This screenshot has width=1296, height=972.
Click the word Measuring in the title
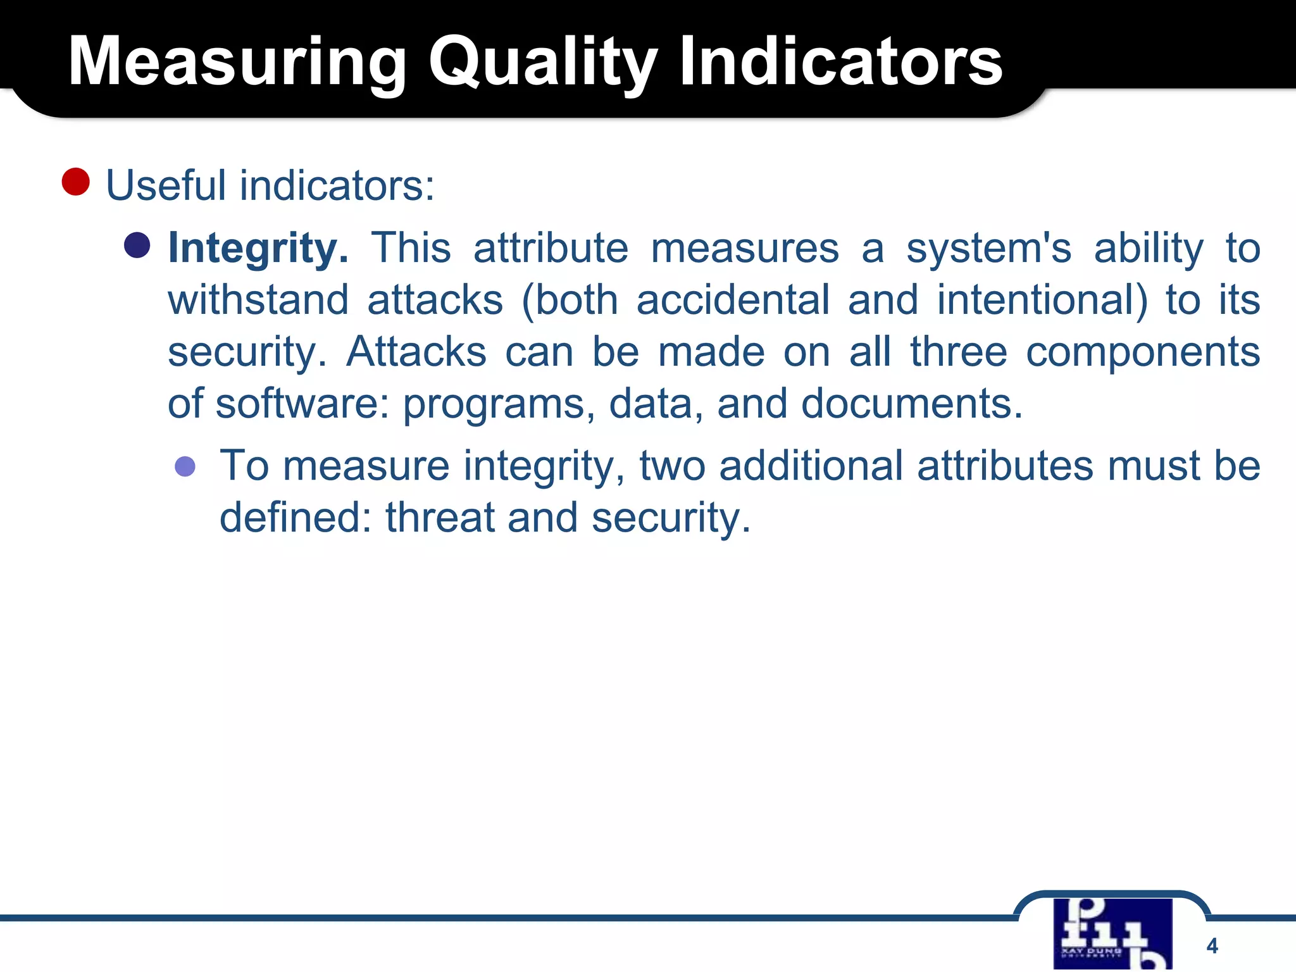(x=237, y=62)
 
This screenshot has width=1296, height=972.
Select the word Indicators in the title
(x=840, y=62)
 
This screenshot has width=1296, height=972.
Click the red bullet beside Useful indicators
(x=76, y=182)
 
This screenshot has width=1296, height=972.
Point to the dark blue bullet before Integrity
(x=137, y=246)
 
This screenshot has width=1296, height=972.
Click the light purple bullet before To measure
(x=185, y=467)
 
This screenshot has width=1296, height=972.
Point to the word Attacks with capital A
(x=416, y=352)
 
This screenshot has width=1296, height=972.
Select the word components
(x=1142, y=352)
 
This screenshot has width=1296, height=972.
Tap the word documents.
(x=911, y=404)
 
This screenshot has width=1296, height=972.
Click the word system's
(x=988, y=248)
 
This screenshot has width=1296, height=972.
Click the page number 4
(x=1212, y=946)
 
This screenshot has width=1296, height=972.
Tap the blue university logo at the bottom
(x=1112, y=934)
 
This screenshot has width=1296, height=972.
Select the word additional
(x=811, y=466)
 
